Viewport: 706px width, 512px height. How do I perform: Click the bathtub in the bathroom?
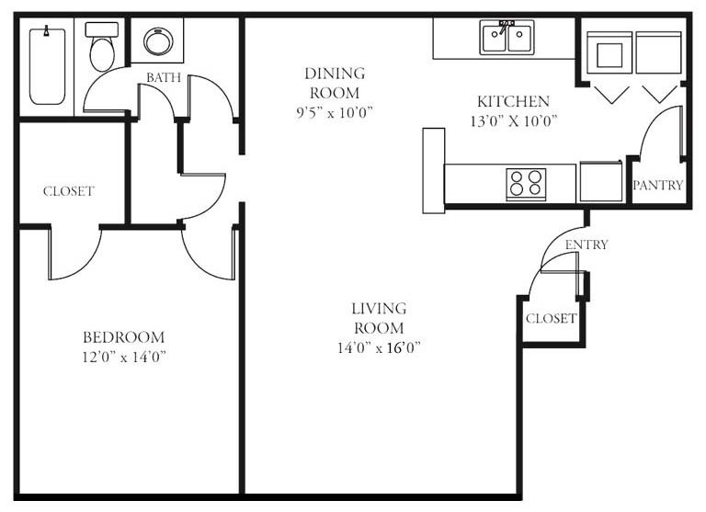[47, 66]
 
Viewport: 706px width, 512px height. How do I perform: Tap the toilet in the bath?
[102, 46]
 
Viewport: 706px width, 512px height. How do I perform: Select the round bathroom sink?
[158, 41]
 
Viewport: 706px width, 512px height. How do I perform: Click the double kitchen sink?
[507, 38]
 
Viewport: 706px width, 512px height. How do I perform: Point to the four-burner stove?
[526, 184]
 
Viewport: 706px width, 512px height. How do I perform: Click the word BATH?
[164, 77]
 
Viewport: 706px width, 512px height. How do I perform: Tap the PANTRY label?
[658, 185]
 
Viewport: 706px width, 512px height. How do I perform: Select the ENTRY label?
[586, 245]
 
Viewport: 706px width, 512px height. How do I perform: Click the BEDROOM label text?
[124, 337]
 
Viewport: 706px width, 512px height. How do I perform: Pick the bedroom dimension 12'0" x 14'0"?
[124, 357]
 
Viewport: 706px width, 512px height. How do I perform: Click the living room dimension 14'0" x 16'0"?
[379, 347]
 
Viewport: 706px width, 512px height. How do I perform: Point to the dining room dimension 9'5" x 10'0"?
[335, 112]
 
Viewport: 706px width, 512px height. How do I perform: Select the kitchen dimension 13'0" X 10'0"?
[514, 120]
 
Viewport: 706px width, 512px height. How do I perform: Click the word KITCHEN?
[513, 101]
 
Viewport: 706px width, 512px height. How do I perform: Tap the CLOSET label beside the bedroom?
[68, 191]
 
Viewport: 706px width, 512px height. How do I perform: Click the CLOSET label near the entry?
[552, 318]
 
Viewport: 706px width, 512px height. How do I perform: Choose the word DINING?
[335, 73]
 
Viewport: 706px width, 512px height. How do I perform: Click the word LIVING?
[379, 309]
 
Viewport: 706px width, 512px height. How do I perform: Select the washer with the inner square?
[609, 52]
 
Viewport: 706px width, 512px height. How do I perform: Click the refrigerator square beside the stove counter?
[601, 181]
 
